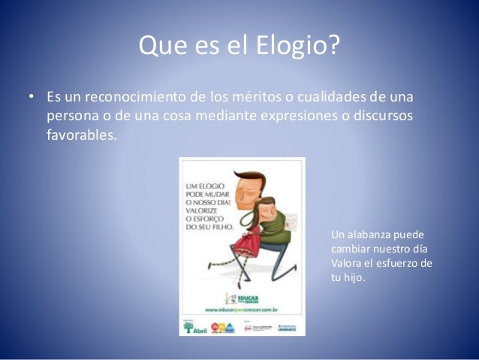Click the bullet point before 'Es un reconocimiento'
pyautogui.click(x=31, y=99)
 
